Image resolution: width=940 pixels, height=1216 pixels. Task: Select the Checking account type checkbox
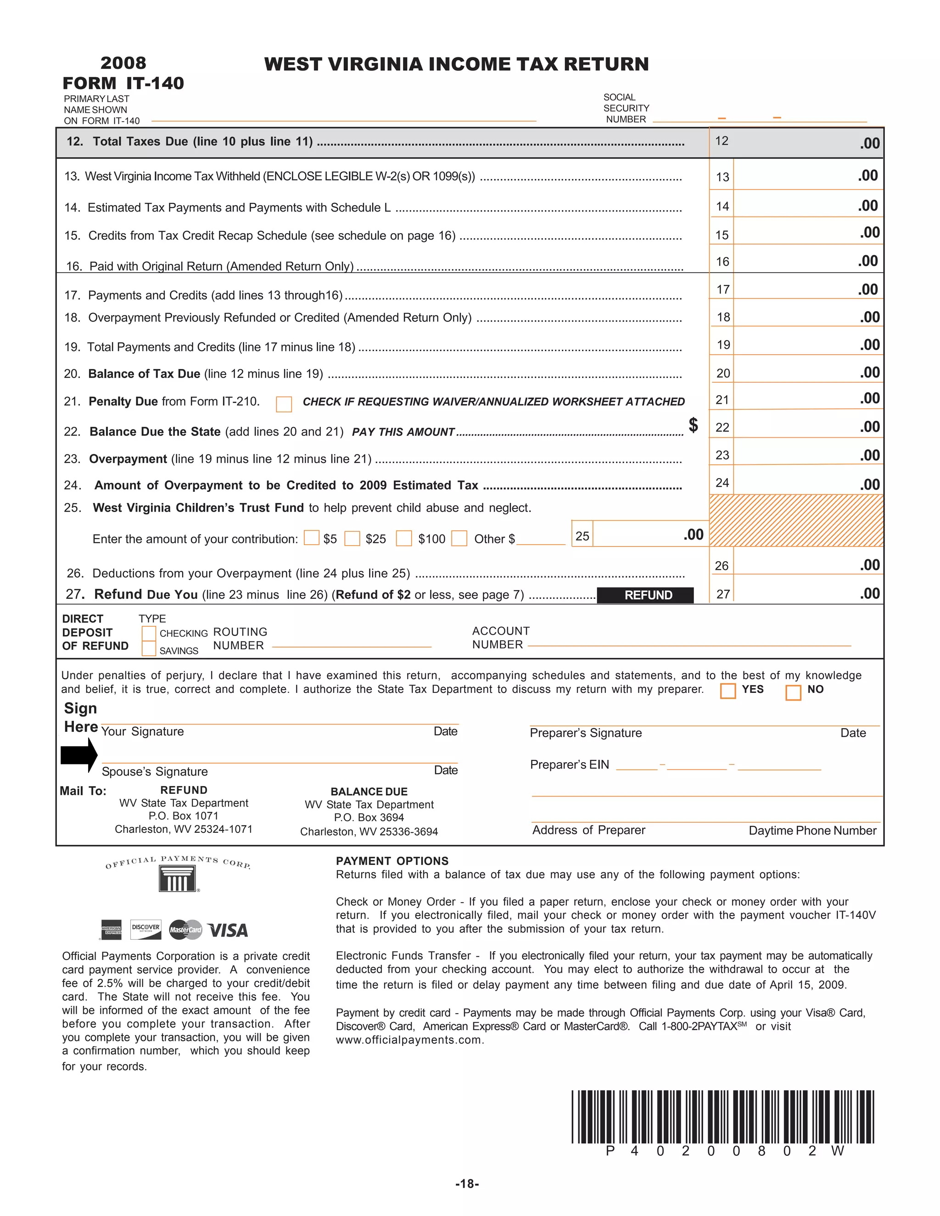[149, 634]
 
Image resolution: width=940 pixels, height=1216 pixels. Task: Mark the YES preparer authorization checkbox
[728, 691]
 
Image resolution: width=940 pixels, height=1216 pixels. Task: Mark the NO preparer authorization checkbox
[793, 692]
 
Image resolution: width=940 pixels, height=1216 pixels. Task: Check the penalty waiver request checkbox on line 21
[284, 404]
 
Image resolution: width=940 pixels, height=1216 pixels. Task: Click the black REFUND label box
[645, 595]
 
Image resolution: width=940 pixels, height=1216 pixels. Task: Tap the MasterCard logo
[185, 930]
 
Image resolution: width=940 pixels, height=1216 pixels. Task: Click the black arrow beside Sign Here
[79, 755]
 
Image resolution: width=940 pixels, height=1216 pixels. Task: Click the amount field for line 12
[796, 143]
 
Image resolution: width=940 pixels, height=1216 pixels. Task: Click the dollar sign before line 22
[694, 425]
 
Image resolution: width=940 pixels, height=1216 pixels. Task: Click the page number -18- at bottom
[467, 1184]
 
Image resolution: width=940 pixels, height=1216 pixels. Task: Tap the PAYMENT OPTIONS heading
[392, 861]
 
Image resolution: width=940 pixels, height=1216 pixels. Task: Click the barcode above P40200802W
[722, 1116]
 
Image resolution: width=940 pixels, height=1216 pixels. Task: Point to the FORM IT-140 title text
[123, 83]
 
